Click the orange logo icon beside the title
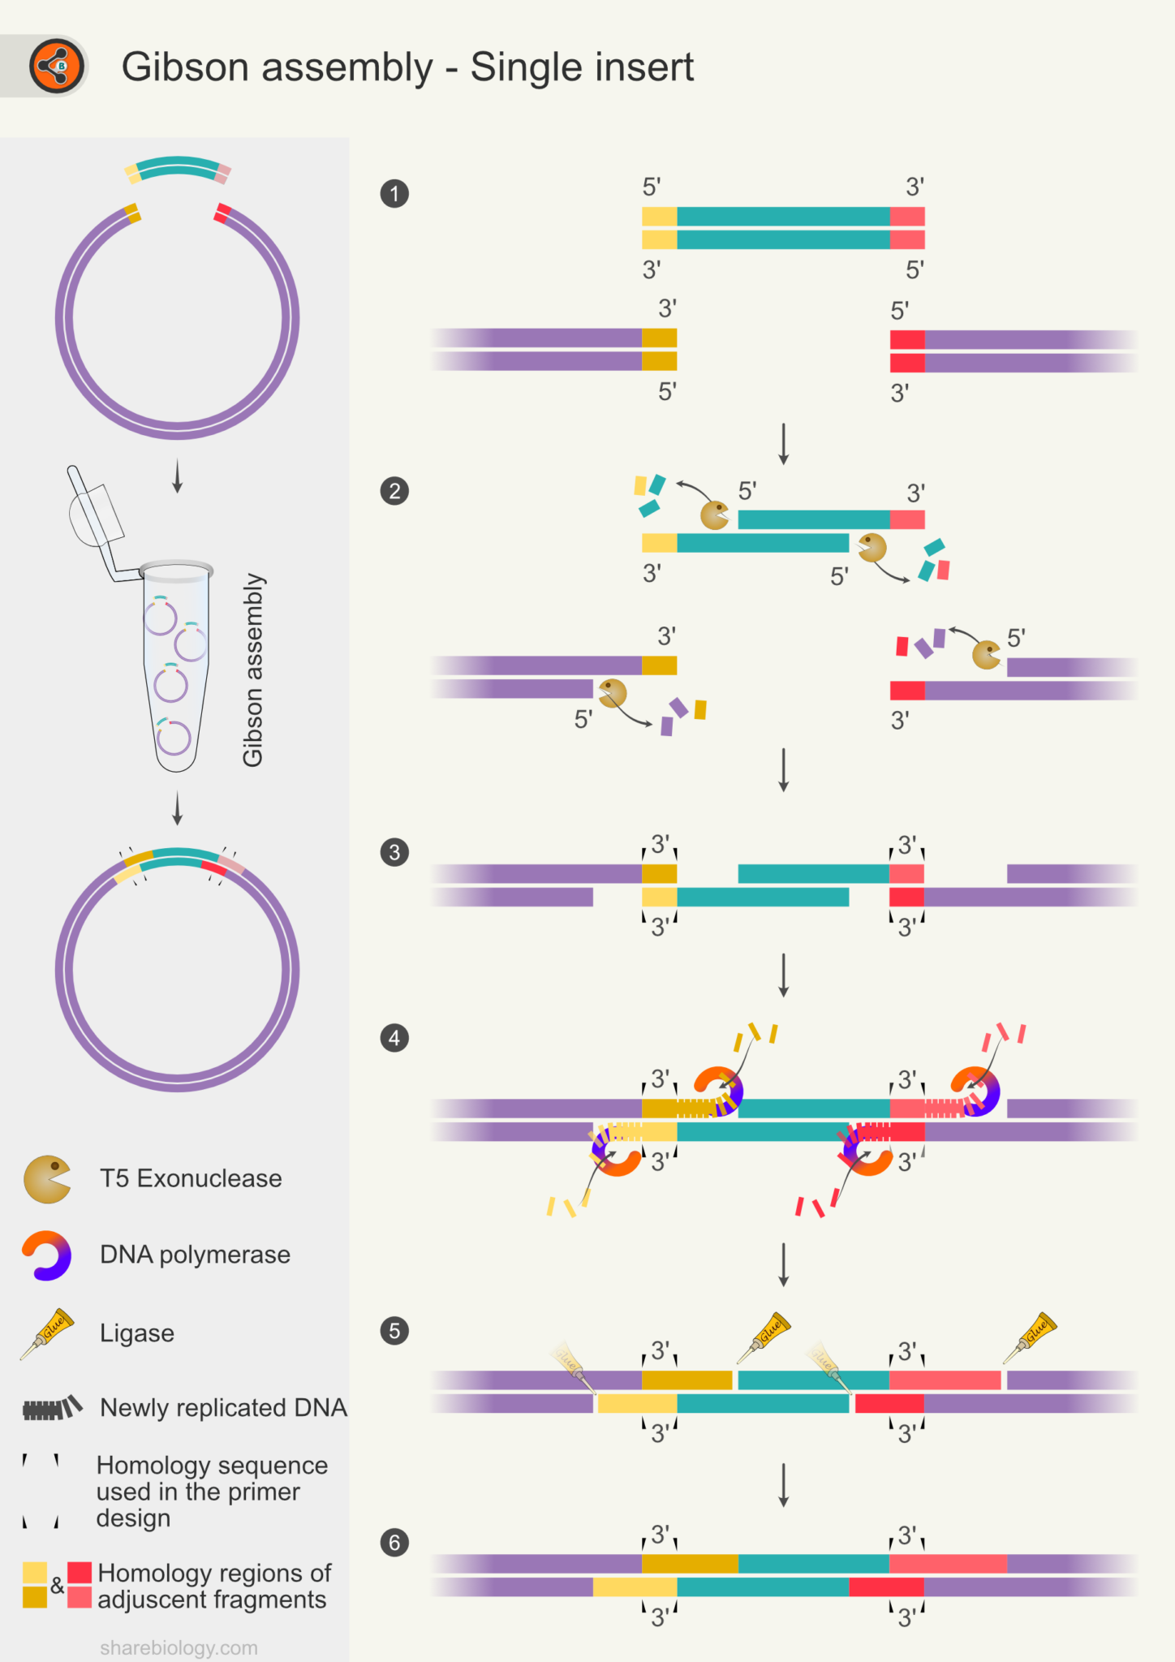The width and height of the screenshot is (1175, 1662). [x=57, y=66]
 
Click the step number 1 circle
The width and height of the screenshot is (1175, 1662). [x=394, y=194]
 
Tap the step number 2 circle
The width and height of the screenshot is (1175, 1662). [x=394, y=491]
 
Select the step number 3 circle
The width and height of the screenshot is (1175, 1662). [x=394, y=852]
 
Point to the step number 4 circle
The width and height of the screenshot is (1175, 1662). [x=394, y=1038]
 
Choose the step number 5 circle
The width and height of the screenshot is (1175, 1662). [x=394, y=1331]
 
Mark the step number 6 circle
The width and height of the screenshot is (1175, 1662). [x=394, y=1543]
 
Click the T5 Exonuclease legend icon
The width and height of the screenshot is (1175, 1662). [x=47, y=1179]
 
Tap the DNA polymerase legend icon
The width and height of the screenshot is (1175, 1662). [x=47, y=1255]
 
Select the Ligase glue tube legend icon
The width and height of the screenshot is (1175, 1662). [x=47, y=1333]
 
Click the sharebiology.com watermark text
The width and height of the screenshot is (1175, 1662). [x=179, y=1648]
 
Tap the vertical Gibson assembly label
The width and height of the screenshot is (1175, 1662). [x=253, y=670]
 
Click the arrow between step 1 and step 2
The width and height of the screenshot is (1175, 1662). [x=783, y=443]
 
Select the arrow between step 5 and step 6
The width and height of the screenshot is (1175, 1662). [x=783, y=1485]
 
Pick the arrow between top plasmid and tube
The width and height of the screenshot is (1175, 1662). [x=178, y=476]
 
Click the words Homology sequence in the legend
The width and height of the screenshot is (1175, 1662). [x=212, y=1466]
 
